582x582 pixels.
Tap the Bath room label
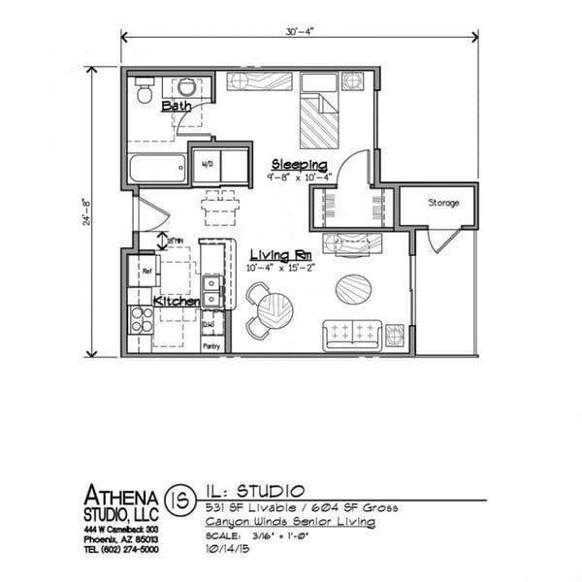177,106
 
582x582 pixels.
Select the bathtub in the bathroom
156,169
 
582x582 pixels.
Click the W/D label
208,165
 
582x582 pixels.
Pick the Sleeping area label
299,164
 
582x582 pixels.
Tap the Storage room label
443,203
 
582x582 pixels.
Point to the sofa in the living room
352,334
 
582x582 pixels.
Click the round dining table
275,311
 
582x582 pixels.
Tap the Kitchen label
177,302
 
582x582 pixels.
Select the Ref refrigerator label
145,271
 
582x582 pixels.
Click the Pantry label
211,343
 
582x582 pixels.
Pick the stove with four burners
142,319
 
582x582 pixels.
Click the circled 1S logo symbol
178,500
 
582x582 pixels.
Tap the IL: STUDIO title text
255,490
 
